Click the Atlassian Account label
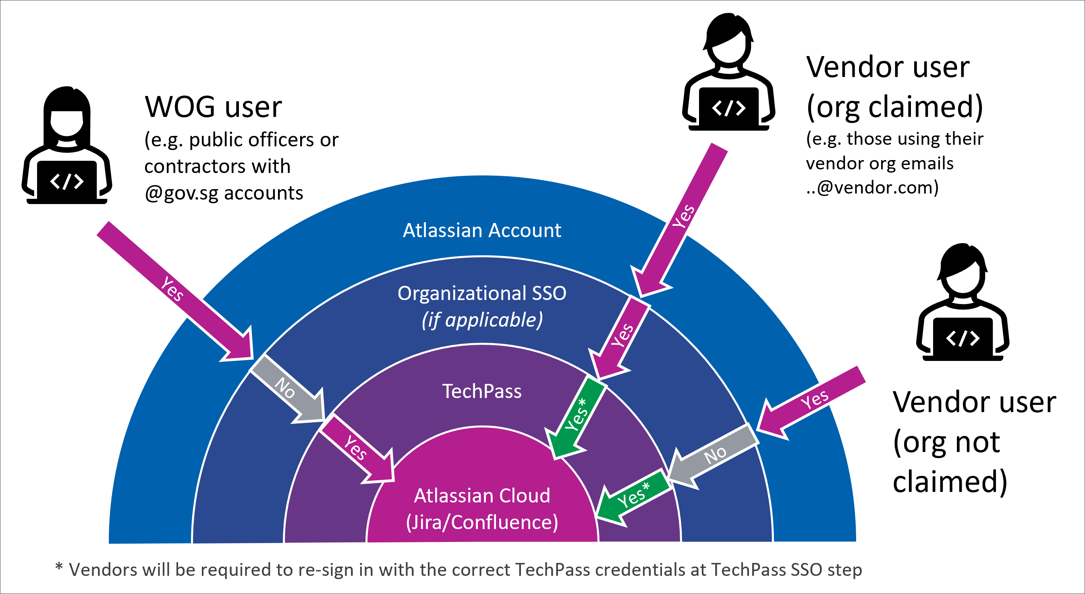(x=482, y=231)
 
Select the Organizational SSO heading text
(x=482, y=294)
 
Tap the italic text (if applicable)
(x=482, y=320)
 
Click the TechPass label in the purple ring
(x=482, y=391)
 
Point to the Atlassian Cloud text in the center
(x=482, y=496)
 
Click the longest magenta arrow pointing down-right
(x=173, y=289)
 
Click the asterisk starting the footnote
(x=59, y=567)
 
